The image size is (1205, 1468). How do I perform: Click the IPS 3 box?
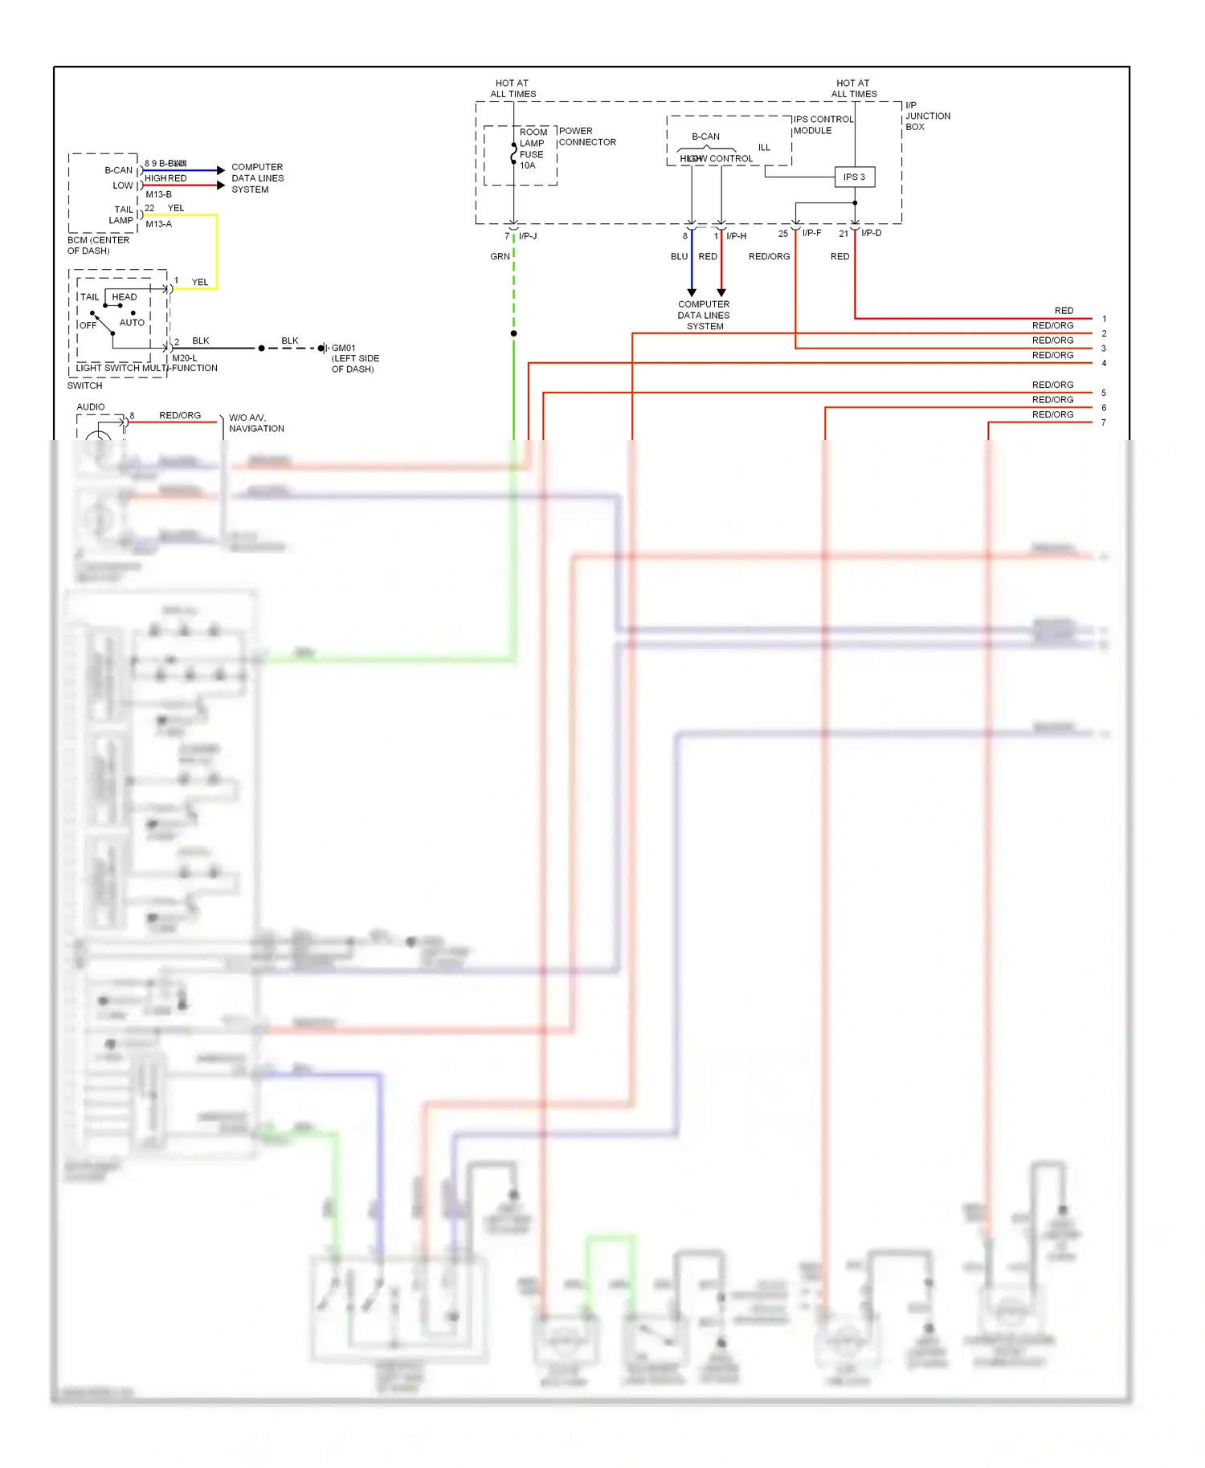pos(854,177)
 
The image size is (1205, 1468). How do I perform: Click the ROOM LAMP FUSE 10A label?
pos(532,149)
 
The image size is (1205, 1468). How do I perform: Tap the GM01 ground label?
pos(344,348)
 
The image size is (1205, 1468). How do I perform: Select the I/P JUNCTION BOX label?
pos(927,116)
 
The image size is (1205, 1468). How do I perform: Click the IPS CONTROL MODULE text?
pos(823,124)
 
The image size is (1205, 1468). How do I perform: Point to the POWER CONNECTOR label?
pos(586,137)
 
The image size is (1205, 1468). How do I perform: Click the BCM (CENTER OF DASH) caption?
pos(98,245)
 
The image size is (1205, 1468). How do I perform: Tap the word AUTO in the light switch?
pos(132,322)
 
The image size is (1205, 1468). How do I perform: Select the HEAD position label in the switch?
pos(125,296)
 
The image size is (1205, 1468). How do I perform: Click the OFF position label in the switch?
pos(88,325)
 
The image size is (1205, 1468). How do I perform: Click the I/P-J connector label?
pos(528,235)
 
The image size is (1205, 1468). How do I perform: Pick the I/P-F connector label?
pos(811,233)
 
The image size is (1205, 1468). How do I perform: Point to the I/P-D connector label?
pos(871,233)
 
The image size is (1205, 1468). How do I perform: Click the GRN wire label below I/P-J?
pos(500,256)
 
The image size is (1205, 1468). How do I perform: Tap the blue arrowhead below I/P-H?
pos(692,292)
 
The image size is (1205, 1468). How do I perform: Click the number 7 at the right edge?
pos(1104,422)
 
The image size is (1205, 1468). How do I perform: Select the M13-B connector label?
pos(158,194)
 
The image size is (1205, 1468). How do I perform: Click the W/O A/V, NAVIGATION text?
pos(256,422)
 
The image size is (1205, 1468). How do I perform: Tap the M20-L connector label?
pos(184,358)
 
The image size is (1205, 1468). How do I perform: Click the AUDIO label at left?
pos(91,406)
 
